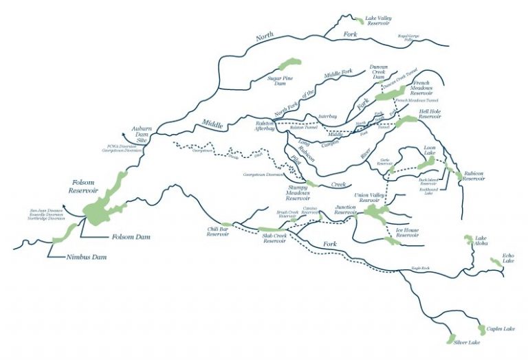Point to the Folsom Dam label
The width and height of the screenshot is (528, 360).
click(x=131, y=237)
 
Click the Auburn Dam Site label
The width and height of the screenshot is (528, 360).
click(x=142, y=134)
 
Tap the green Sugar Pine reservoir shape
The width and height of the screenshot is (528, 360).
click(x=287, y=65)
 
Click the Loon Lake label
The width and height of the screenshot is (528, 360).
click(x=430, y=149)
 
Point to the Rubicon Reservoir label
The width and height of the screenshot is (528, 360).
click(x=474, y=177)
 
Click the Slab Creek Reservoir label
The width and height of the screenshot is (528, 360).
click(x=274, y=239)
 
